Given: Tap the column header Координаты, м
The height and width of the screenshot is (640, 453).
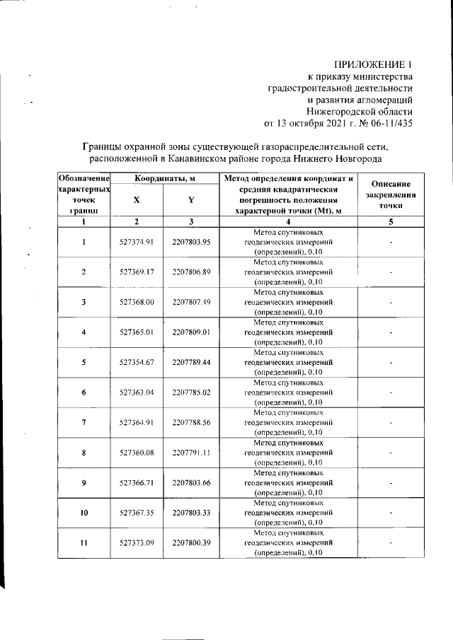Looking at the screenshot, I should (x=164, y=179).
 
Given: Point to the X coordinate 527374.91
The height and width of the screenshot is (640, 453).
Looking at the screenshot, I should (x=137, y=242).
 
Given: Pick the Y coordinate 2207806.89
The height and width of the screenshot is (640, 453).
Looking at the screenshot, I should (x=191, y=272).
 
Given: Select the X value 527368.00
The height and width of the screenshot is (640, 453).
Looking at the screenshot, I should (x=137, y=302).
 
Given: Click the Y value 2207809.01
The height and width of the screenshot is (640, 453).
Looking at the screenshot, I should (x=191, y=332).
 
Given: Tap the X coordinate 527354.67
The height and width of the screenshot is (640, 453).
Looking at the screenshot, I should (x=137, y=362).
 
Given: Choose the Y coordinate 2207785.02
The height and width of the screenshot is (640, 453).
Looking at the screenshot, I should (x=191, y=392).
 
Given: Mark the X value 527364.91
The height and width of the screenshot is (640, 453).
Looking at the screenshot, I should (x=137, y=422).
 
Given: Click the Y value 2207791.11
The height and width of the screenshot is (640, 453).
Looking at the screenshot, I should (x=191, y=453).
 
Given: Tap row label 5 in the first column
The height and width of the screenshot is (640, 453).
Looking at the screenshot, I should (x=84, y=362).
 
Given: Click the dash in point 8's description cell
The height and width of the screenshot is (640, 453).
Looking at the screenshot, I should (x=391, y=453).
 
